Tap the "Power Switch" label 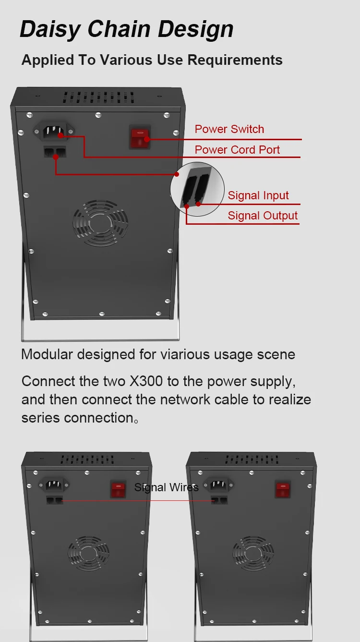pos(229,129)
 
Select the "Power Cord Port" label pos(237,150)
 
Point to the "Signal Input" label pos(258,195)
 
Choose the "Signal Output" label pos(263,216)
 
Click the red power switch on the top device pos(140,137)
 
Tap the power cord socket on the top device pos(54,130)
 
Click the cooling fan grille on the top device pos(100,223)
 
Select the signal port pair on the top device pos(54,152)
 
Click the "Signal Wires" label pos(166,488)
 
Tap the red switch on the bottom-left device pos(118,489)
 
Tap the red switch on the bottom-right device pos(283,489)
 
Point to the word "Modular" pos(47,354)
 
